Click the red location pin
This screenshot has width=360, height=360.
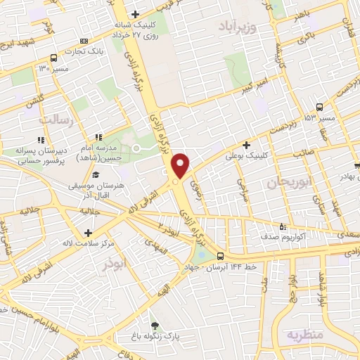pos(181,165)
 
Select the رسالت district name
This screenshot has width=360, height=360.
pos(56,120)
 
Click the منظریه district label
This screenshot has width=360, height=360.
pos(304,335)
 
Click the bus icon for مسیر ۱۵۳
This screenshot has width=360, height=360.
pos(320,107)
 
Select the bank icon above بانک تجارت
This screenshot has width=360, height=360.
pos(84,41)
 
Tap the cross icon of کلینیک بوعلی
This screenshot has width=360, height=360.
pos(246,145)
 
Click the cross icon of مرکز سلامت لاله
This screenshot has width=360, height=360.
pos(87,233)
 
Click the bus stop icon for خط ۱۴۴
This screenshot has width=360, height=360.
pos(221,256)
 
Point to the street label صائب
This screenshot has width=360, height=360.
pos(303,150)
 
